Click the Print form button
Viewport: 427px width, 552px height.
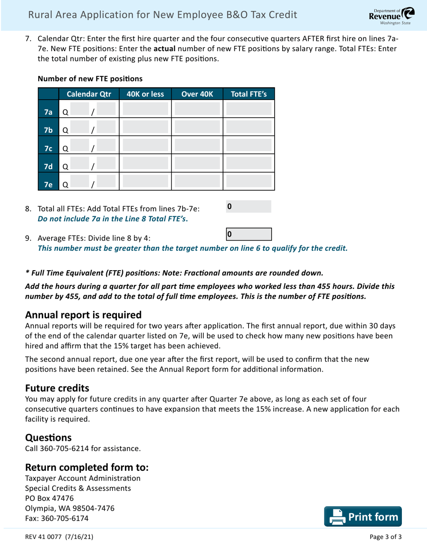[365, 517]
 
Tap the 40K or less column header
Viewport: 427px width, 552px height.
[145, 94]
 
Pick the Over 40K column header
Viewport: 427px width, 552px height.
[196, 94]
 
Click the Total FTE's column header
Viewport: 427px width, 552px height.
[249, 94]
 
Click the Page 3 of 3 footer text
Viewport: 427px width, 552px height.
[385, 537]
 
